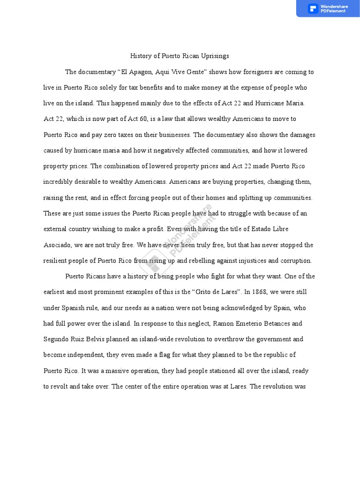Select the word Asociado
coord(58,245)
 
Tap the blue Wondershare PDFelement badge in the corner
coord(328,8)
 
